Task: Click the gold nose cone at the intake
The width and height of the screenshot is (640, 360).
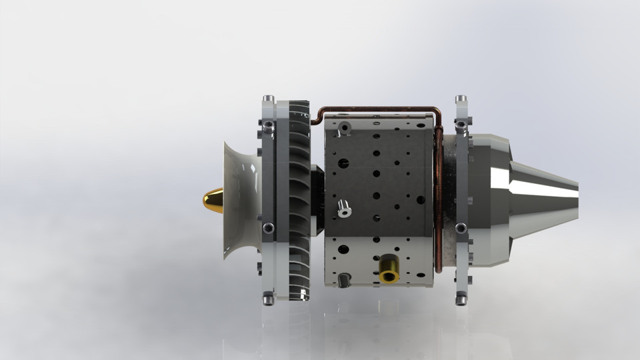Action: (214, 200)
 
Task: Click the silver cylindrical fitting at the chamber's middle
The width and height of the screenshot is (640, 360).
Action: (345, 208)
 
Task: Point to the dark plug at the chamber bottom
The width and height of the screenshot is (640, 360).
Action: (344, 280)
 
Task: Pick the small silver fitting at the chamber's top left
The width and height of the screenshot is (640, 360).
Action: (344, 127)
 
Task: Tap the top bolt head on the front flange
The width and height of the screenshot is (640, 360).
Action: (268, 99)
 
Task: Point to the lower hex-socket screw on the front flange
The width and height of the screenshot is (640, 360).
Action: (268, 228)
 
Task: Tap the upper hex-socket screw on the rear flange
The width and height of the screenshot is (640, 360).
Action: (461, 125)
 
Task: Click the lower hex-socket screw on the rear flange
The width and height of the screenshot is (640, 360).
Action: (461, 228)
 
